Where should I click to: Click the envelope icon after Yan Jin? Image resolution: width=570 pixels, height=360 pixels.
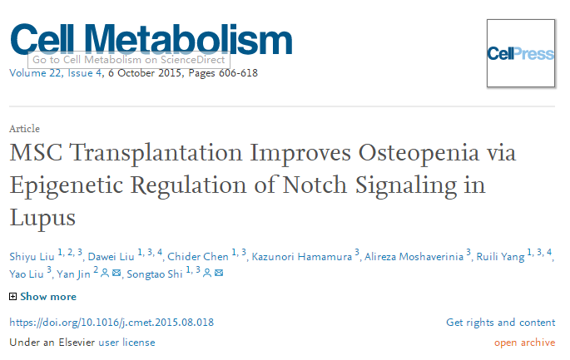point(117,274)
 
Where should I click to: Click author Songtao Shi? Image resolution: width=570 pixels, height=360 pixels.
point(154,274)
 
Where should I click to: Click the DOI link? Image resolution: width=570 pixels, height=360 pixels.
point(112,323)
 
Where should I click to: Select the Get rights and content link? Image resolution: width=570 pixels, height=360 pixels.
point(500,323)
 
